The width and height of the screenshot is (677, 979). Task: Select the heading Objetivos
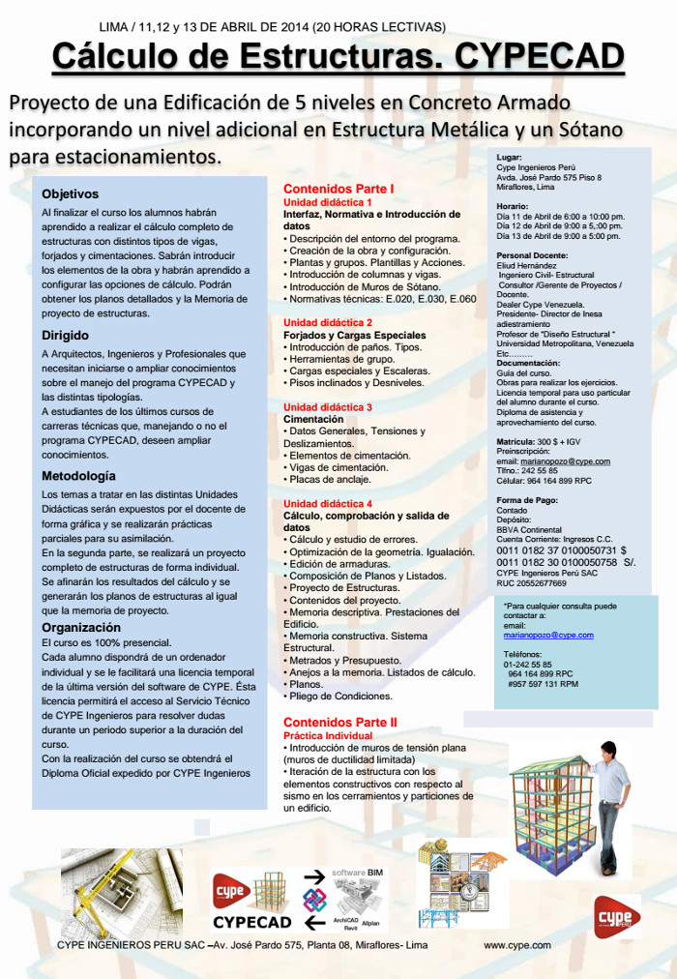[70, 193]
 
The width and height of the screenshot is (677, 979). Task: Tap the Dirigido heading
[65, 336]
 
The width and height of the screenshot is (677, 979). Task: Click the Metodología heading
[78, 476]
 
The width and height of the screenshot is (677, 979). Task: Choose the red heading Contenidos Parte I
[338, 188]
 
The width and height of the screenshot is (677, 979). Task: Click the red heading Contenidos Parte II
[339, 722]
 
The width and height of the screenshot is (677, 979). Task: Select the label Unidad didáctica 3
[327, 407]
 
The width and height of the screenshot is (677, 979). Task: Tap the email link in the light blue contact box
[548, 635]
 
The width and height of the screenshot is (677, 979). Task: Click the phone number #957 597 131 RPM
[543, 684]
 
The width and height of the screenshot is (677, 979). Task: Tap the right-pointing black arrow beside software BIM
[313, 876]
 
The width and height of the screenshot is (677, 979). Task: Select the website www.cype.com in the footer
[516, 944]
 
